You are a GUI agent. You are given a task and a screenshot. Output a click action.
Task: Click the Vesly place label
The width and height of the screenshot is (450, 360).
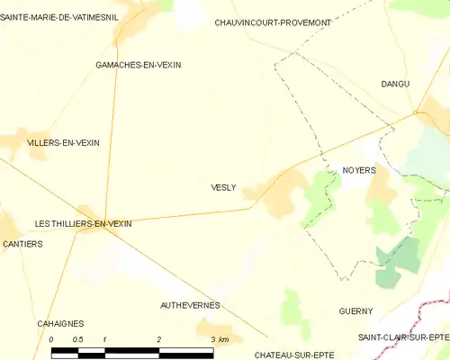point(223,187)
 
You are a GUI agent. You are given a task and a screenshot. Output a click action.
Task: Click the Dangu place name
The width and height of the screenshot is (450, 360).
point(395,84)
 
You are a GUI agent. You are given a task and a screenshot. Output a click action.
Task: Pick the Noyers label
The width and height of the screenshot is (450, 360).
point(359,169)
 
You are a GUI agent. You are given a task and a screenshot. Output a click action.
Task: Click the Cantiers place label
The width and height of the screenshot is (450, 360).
point(22,244)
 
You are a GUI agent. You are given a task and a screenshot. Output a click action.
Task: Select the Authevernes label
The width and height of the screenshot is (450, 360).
point(190,306)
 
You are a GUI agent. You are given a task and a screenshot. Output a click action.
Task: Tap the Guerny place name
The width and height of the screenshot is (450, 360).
point(356,311)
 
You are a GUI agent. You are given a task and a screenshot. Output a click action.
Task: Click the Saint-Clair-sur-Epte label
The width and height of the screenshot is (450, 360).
point(403,337)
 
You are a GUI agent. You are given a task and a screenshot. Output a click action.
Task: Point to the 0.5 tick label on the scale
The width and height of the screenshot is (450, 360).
point(77,339)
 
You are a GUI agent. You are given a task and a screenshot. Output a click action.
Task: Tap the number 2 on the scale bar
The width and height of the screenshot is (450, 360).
point(159,339)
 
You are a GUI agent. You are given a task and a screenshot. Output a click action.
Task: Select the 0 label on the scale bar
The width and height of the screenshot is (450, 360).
point(51,339)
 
